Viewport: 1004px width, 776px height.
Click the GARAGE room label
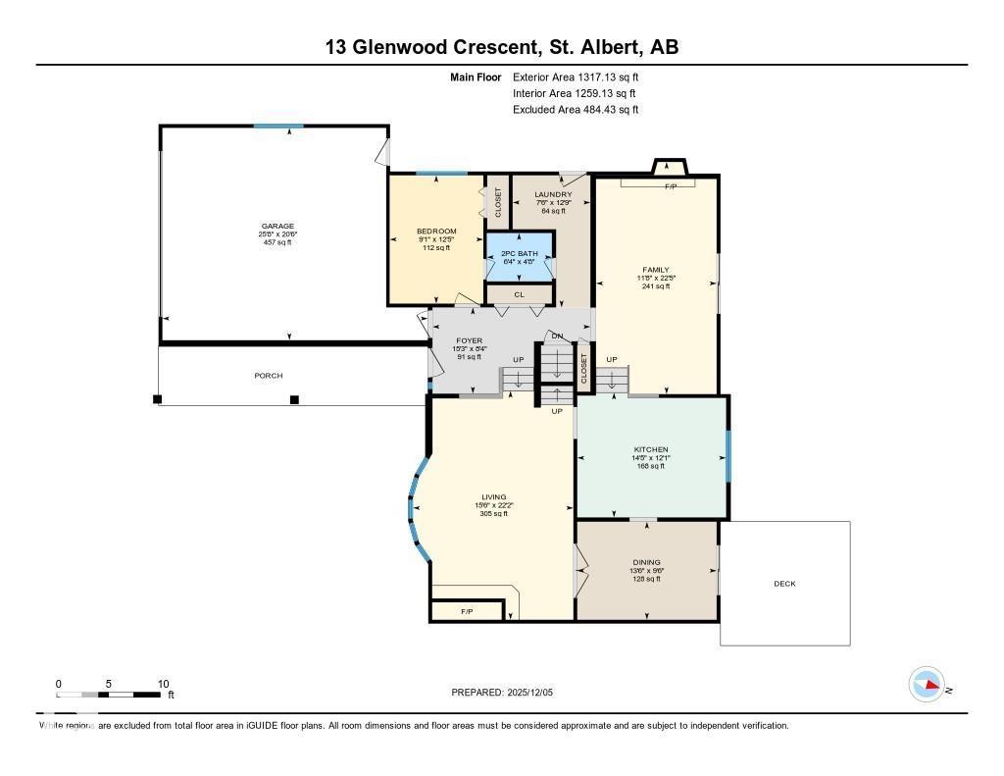(x=276, y=227)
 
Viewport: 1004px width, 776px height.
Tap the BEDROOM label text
(x=436, y=232)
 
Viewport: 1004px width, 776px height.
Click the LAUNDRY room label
(x=553, y=195)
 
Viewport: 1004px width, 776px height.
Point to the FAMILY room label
(x=656, y=270)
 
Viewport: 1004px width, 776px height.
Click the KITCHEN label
(x=650, y=449)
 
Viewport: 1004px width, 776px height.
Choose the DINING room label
(x=646, y=561)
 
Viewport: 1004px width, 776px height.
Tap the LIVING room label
(x=493, y=497)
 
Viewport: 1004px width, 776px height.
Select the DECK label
(x=784, y=584)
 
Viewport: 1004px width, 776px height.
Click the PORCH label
(x=269, y=376)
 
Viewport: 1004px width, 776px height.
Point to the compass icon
(x=927, y=685)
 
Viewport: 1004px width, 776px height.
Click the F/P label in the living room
(x=467, y=612)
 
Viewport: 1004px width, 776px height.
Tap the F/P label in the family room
(x=671, y=186)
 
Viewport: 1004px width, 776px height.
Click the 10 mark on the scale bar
(x=163, y=684)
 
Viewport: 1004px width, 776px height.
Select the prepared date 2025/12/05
(x=508, y=693)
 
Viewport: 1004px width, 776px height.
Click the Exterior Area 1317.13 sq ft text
(x=576, y=77)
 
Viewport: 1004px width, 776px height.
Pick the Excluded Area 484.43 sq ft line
(x=576, y=110)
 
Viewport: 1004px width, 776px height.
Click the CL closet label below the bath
(x=519, y=294)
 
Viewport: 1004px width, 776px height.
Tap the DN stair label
(x=557, y=336)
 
